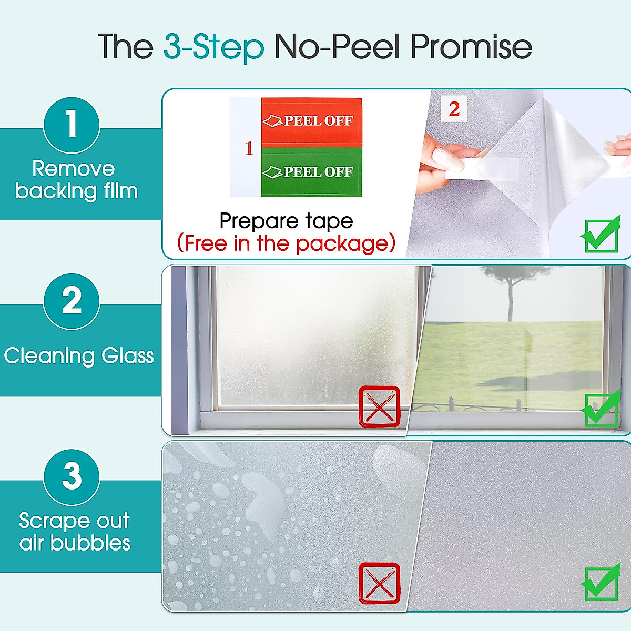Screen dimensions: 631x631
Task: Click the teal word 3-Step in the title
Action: [213, 47]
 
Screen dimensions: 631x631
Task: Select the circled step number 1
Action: [72, 125]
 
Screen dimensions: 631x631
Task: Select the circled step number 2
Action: [72, 301]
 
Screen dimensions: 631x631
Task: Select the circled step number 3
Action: [72, 477]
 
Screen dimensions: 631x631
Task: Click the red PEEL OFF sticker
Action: [311, 121]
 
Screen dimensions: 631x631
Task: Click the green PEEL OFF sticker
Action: [311, 172]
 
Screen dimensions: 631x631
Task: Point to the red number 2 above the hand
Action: [454, 109]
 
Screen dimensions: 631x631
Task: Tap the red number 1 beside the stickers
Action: [249, 148]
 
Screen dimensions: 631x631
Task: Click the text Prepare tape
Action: [286, 221]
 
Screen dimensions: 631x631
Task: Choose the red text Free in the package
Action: [286, 243]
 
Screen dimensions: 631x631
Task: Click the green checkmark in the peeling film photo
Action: [601, 235]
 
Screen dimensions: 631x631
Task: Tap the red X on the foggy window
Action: [379, 406]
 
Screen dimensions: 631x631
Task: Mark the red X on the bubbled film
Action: [379, 583]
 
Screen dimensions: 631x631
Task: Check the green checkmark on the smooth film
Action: [601, 582]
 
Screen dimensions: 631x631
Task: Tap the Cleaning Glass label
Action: [79, 356]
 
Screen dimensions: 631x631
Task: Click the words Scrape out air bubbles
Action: [75, 532]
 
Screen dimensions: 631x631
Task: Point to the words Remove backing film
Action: [76, 180]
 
